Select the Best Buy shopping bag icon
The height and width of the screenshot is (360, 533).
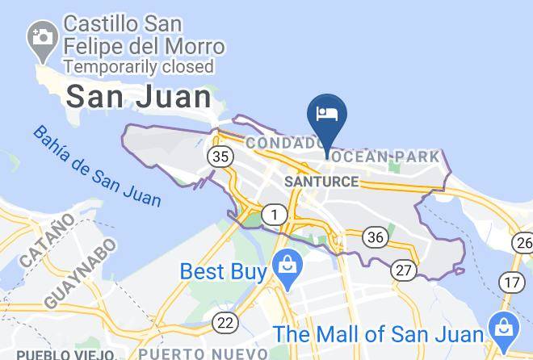[x=286, y=263]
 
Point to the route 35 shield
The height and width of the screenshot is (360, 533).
[x=219, y=156]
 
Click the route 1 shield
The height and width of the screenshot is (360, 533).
[x=276, y=215]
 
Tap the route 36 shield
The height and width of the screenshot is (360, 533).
[x=374, y=237]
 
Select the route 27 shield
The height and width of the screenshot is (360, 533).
[x=404, y=270]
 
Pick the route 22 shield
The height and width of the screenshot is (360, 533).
[x=226, y=323]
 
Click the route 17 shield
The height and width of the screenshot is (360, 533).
[x=511, y=282]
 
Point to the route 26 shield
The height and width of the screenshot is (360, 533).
[x=523, y=242]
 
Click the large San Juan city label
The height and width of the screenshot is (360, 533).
[x=138, y=97]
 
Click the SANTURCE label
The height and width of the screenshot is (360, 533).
[x=321, y=182]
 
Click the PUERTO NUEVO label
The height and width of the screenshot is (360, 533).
[x=203, y=353]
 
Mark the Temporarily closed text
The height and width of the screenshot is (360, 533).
[x=139, y=66]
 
